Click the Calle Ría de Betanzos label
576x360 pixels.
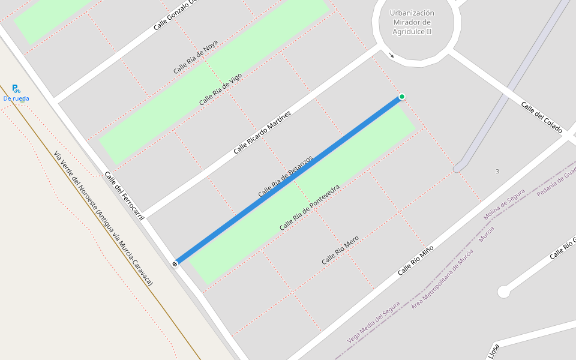click(x=286, y=177)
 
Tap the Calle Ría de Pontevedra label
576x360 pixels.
click(x=310, y=208)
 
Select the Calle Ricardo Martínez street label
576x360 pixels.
click(x=262, y=132)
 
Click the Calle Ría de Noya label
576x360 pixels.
click(x=196, y=57)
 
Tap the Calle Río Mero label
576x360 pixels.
click(x=340, y=250)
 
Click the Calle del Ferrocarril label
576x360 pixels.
click(x=125, y=196)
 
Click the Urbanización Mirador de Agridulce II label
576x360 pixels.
click(x=412, y=22)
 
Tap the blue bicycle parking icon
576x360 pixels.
click(x=16, y=88)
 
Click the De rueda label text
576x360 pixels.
click(x=16, y=98)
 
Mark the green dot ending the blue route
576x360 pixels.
click(x=402, y=97)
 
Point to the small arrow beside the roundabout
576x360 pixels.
click(x=392, y=56)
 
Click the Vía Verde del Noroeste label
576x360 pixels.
click(x=103, y=218)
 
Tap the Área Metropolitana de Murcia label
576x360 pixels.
click(x=442, y=279)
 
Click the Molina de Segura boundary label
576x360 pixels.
click(x=505, y=204)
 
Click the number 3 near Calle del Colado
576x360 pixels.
click(x=497, y=172)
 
